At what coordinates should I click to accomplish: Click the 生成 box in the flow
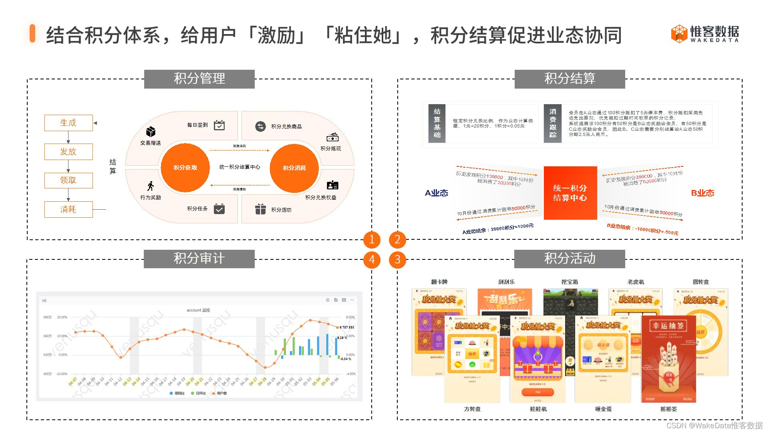68,123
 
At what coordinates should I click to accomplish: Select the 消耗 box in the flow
68,209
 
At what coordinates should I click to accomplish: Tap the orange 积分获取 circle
185,168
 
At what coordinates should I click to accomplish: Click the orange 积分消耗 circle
294,168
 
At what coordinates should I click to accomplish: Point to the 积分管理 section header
199,79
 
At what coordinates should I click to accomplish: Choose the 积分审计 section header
199,259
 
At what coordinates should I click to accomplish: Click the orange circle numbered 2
397,240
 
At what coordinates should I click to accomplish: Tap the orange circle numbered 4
372,259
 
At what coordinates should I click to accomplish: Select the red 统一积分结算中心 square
570,193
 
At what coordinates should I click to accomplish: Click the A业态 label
436,193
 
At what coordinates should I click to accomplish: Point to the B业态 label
703,193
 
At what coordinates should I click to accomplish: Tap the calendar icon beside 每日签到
219,125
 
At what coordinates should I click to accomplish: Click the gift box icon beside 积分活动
260,209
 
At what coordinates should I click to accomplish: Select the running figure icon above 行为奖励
151,186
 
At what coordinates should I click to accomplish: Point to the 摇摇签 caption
668,409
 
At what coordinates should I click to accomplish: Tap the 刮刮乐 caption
506,282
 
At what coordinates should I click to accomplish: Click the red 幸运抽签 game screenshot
668,359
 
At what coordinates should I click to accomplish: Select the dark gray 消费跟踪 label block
553,123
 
